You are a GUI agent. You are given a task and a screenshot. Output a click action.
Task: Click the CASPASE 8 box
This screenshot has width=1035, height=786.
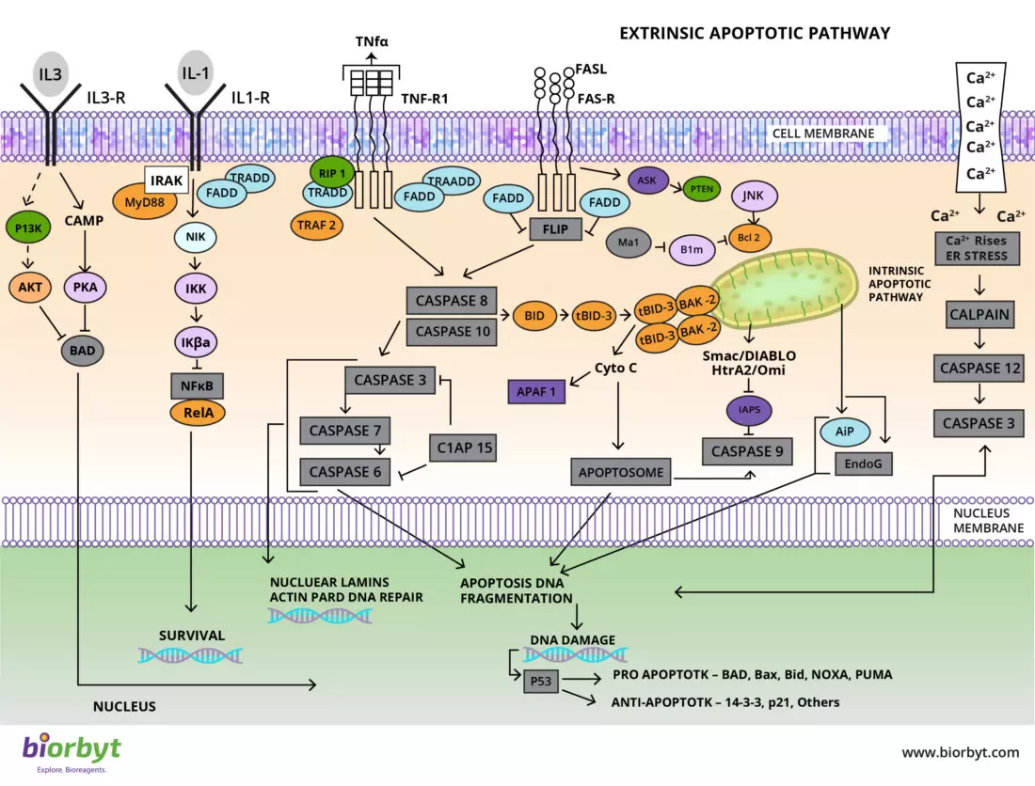click(x=450, y=301)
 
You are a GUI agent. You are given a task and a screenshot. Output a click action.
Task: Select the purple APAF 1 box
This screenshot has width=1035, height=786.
click(x=534, y=391)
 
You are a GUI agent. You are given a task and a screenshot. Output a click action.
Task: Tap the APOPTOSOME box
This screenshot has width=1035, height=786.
click(x=621, y=472)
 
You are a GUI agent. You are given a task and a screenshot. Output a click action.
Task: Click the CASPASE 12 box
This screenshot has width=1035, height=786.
click(x=980, y=369)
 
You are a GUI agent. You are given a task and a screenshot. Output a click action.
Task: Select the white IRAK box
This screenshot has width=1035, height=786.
click(x=165, y=179)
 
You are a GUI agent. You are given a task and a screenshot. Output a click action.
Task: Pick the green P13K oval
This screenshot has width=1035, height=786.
click(x=31, y=228)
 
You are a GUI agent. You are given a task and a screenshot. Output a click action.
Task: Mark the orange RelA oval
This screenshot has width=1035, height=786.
click(x=197, y=411)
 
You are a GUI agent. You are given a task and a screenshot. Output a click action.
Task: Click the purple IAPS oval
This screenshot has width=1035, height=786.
click(x=750, y=409)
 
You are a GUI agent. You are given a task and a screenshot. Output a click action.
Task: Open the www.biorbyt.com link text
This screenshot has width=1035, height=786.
click(x=960, y=752)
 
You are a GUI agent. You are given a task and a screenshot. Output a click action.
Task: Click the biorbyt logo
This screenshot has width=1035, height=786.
click(x=72, y=751)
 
